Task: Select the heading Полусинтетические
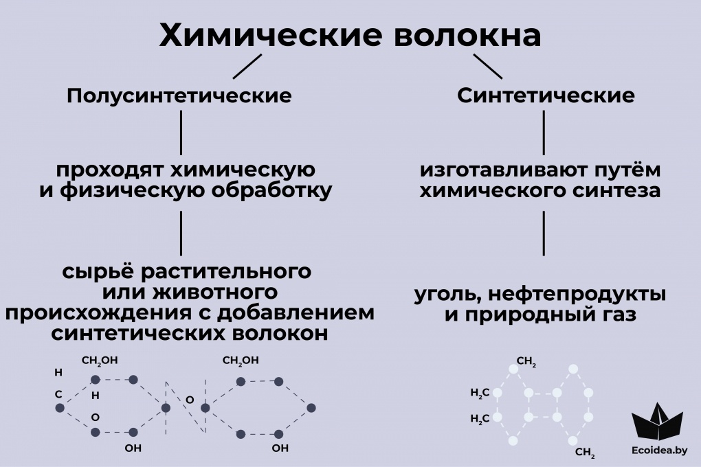(179, 96)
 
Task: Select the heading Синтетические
(546, 96)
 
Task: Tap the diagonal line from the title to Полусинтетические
(247, 67)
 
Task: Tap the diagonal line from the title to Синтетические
(488, 67)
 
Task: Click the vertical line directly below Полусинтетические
(181, 132)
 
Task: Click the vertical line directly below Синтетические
(544, 132)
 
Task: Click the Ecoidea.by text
(658, 452)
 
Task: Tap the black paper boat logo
(657, 421)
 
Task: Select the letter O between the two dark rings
(190, 399)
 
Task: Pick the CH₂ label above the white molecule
(526, 363)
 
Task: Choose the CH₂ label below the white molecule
(585, 453)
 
